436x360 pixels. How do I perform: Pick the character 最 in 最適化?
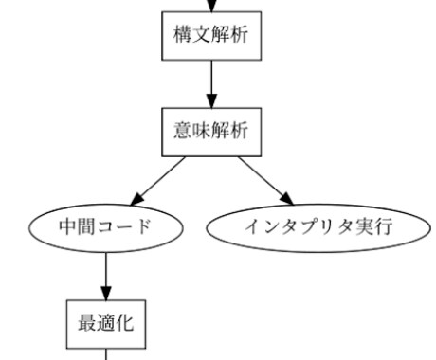pyautogui.click(x=84, y=321)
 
